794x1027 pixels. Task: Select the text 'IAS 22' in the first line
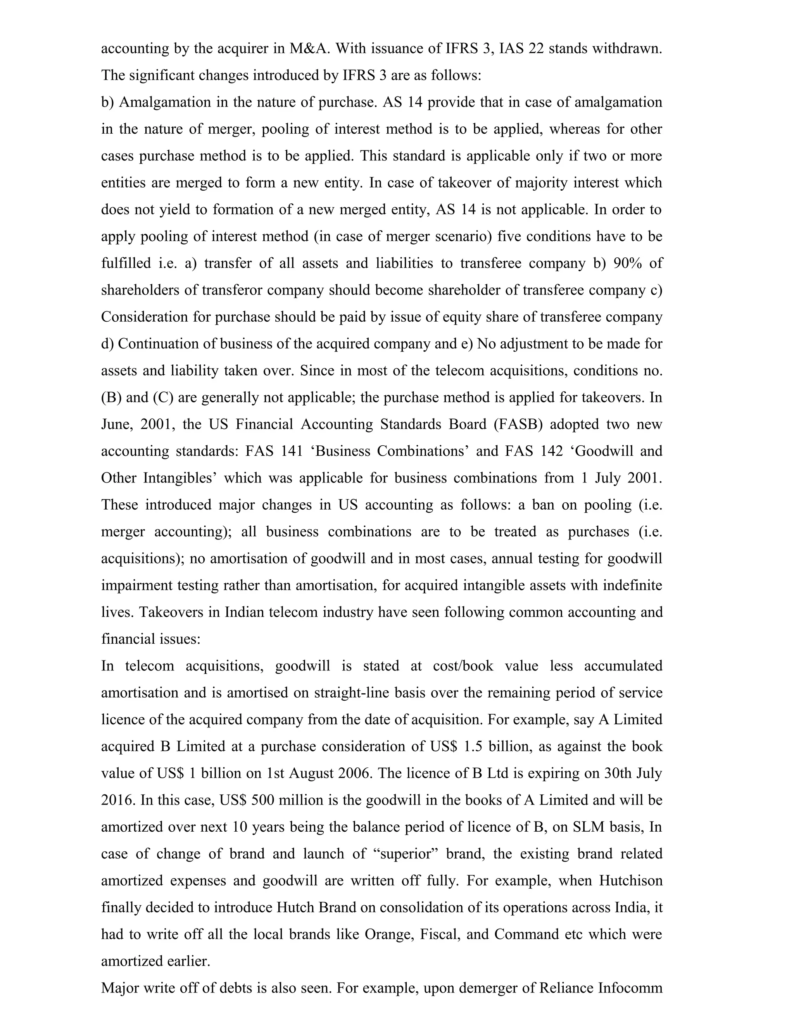521,48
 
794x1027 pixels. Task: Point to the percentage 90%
628,263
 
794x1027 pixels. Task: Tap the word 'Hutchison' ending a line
630,880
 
